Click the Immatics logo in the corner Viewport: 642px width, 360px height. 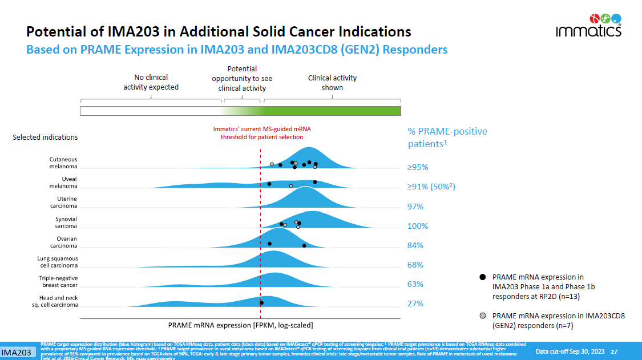[x=589, y=26]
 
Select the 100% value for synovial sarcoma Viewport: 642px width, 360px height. [x=418, y=226]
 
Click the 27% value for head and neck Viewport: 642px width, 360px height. [x=415, y=304]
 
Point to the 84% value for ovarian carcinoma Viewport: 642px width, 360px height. [x=415, y=245]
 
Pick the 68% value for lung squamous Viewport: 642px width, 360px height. [x=415, y=265]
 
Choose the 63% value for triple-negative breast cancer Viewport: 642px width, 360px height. [x=415, y=284]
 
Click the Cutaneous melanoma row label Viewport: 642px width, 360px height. [x=63, y=163]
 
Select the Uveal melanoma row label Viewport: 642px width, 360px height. [x=63, y=182]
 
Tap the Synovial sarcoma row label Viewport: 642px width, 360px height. [x=66, y=223]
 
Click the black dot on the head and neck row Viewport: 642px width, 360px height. [x=261, y=303]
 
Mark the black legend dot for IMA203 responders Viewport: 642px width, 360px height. [x=483, y=277]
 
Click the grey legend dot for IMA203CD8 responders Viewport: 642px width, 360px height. [x=483, y=315]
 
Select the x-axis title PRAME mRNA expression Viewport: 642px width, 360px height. [x=240, y=325]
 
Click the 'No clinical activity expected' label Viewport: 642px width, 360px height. [x=151, y=82]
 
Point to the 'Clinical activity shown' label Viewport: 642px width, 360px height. [x=332, y=83]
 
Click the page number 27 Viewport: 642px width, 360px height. [x=614, y=351]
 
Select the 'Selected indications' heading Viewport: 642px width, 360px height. [x=45, y=137]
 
